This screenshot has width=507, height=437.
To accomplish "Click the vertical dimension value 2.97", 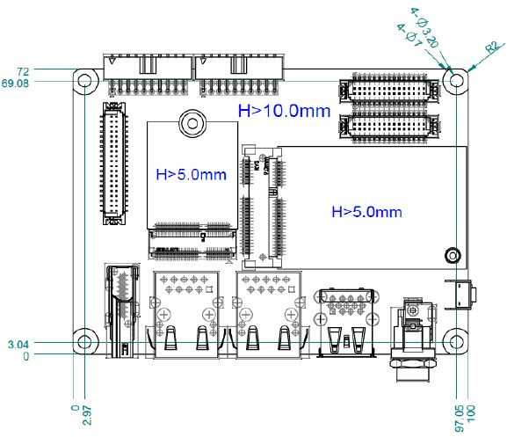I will coord(85,415).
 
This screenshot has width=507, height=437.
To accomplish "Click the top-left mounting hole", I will coord(84,81).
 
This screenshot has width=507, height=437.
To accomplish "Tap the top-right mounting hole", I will coord(455,80).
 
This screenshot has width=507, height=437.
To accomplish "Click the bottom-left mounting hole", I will coord(84,341).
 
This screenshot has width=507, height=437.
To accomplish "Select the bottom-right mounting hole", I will coord(455,341).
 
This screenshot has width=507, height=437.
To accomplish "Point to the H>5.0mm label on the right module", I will coord(366,211).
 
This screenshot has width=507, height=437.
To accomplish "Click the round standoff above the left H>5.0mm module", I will coord(190,122).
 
